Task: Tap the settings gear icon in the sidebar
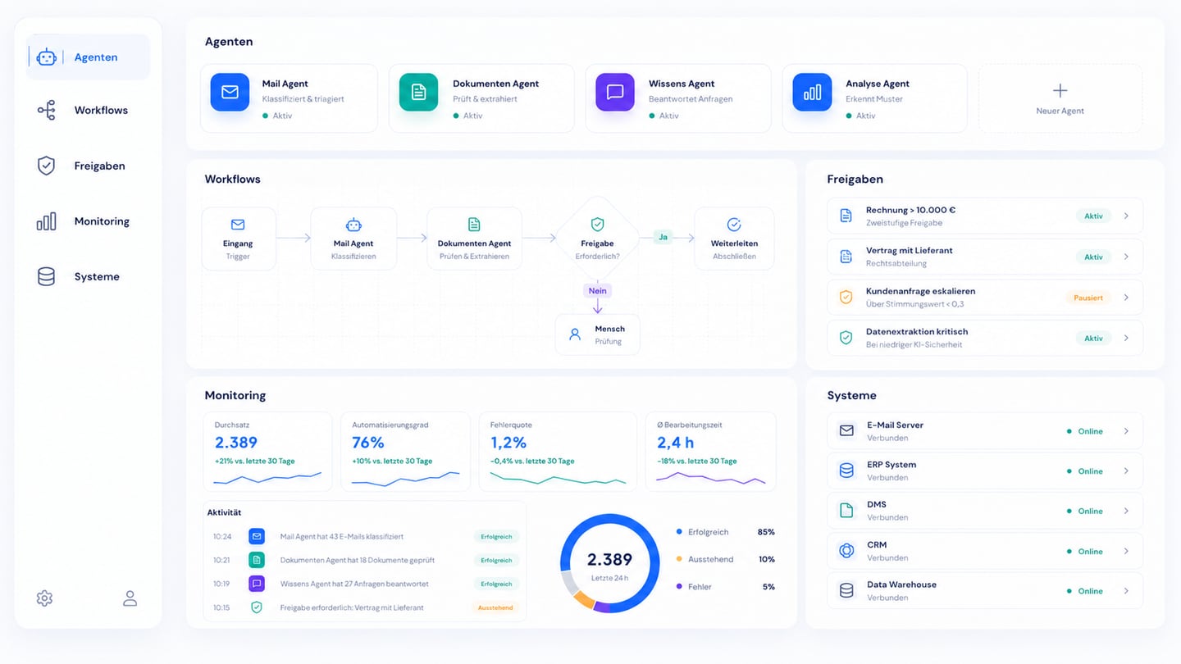point(44,598)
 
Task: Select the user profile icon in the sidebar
point(130,598)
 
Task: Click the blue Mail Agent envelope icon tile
point(230,92)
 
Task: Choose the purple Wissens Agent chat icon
point(615,92)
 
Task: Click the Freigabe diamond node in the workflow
point(597,239)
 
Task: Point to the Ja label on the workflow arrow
point(663,237)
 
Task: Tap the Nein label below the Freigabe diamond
point(597,290)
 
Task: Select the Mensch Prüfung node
point(597,334)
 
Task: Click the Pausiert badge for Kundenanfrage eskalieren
point(1088,298)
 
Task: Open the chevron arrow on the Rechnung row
point(1126,216)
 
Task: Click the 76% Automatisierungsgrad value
point(368,443)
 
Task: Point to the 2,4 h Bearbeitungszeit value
point(675,443)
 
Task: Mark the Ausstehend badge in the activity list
point(495,607)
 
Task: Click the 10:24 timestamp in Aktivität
point(222,537)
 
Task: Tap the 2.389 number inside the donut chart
point(609,560)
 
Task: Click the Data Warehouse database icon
point(846,590)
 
